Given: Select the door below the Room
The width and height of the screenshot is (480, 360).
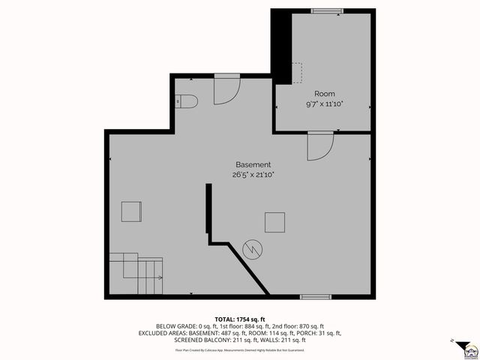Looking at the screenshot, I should pyautogui.click(x=319, y=145).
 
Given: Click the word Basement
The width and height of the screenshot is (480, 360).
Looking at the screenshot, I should pyautogui.click(x=253, y=164).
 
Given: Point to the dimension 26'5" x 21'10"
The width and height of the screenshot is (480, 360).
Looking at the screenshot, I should pyautogui.click(x=253, y=175).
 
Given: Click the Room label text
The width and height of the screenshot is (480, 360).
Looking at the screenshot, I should pyautogui.click(x=324, y=94).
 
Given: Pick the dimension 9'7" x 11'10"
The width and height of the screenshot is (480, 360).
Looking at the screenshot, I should pyautogui.click(x=324, y=103).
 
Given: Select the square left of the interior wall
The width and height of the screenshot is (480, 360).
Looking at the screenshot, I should pyautogui.click(x=132, y=211).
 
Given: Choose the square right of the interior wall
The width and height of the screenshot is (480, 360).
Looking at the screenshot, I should pyautogui.click(x=274, y=223).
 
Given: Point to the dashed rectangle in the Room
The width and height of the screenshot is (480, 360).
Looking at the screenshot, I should pyautogui.click(x=295, y=73).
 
